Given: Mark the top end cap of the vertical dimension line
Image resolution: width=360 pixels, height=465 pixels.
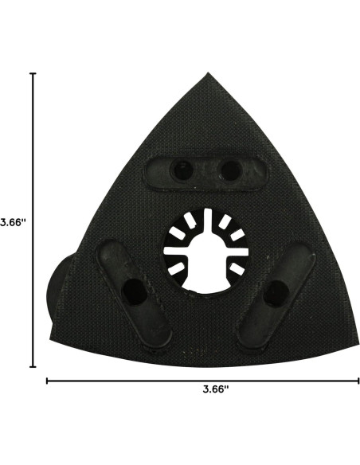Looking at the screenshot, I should coord(33,74).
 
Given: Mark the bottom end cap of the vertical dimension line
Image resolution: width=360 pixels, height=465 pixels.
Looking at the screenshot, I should coord(33,366).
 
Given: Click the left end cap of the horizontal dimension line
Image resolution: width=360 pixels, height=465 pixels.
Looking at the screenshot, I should coord(48,381).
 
